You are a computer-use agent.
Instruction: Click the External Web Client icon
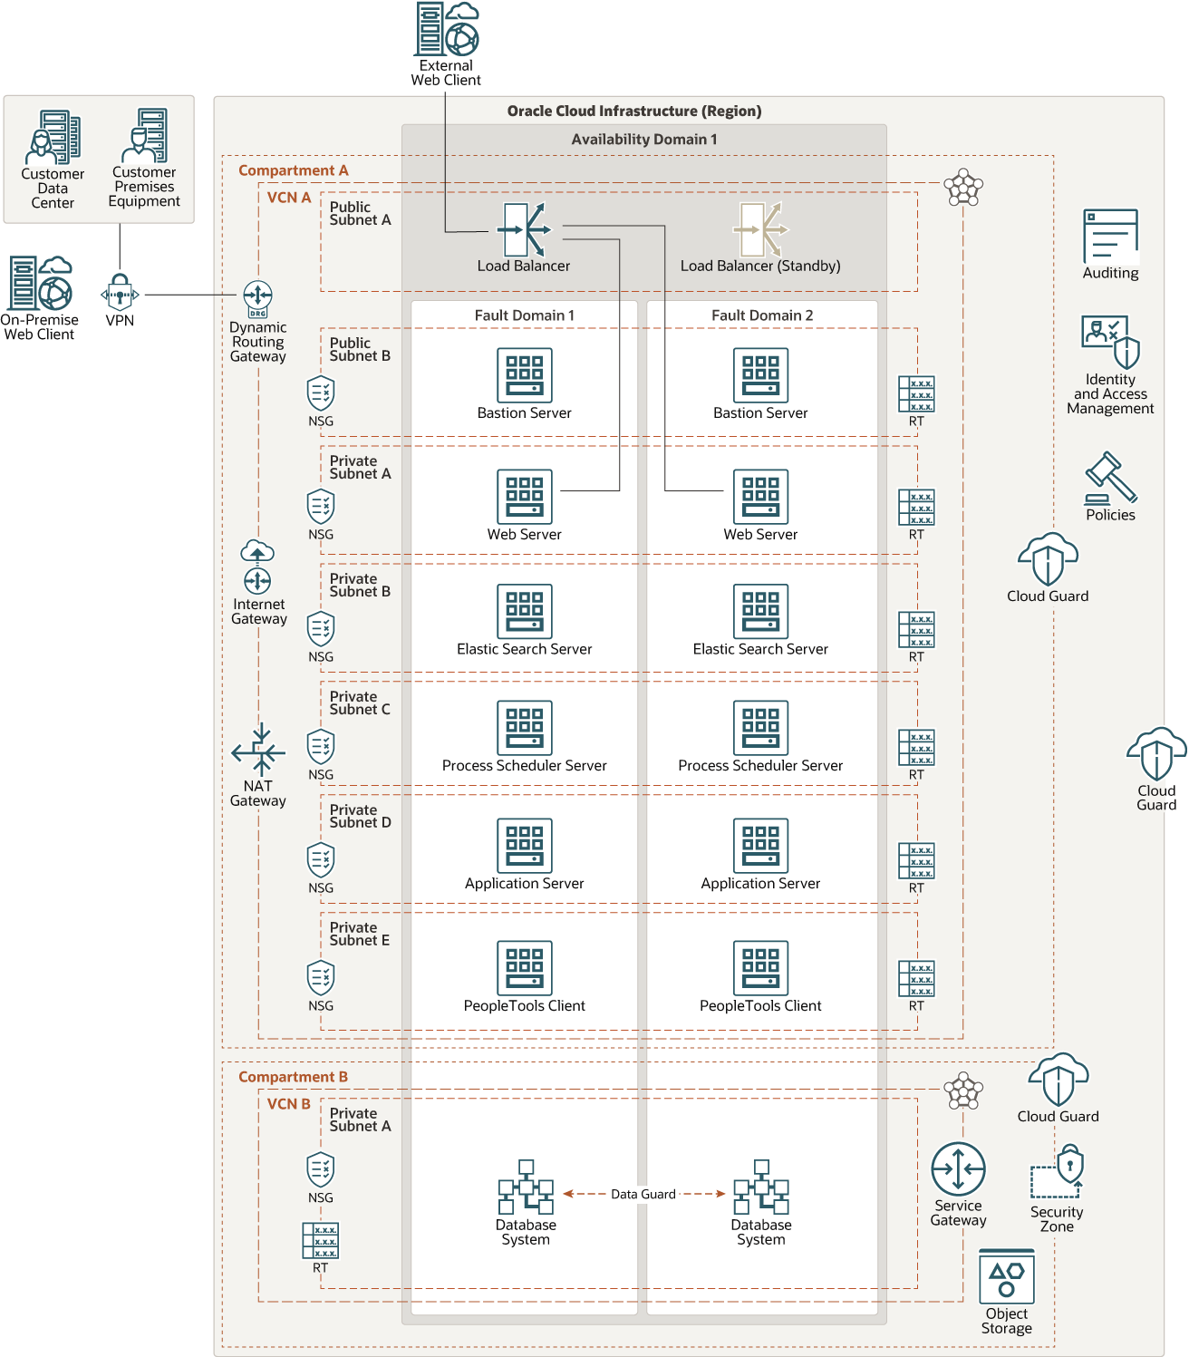click(446, 29)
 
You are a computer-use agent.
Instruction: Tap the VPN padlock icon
click(120, 293)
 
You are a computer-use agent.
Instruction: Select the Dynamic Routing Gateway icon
click(258, 297)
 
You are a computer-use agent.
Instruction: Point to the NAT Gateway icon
click(258, 750)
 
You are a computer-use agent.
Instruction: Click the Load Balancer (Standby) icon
click(760, 229)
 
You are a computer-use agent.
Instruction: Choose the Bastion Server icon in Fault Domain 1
click(524, 374)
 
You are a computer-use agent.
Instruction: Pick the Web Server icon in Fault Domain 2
click(760, 496)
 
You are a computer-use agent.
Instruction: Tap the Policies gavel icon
click(1110, 478)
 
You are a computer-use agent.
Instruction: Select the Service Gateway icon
click(958, 1169)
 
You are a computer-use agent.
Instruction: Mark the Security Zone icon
click(1058, 1172)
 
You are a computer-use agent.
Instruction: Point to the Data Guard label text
click(643, 1194)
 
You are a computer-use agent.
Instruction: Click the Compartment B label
click(293, 1077)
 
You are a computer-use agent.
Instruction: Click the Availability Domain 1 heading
click(643, 140)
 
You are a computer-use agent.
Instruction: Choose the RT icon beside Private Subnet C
click(916, 747)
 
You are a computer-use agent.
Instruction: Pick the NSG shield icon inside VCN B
click(321, 1169)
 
